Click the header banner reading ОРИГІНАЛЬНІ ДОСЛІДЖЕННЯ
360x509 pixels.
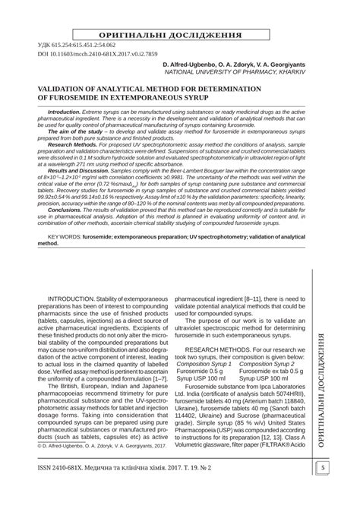179,36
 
